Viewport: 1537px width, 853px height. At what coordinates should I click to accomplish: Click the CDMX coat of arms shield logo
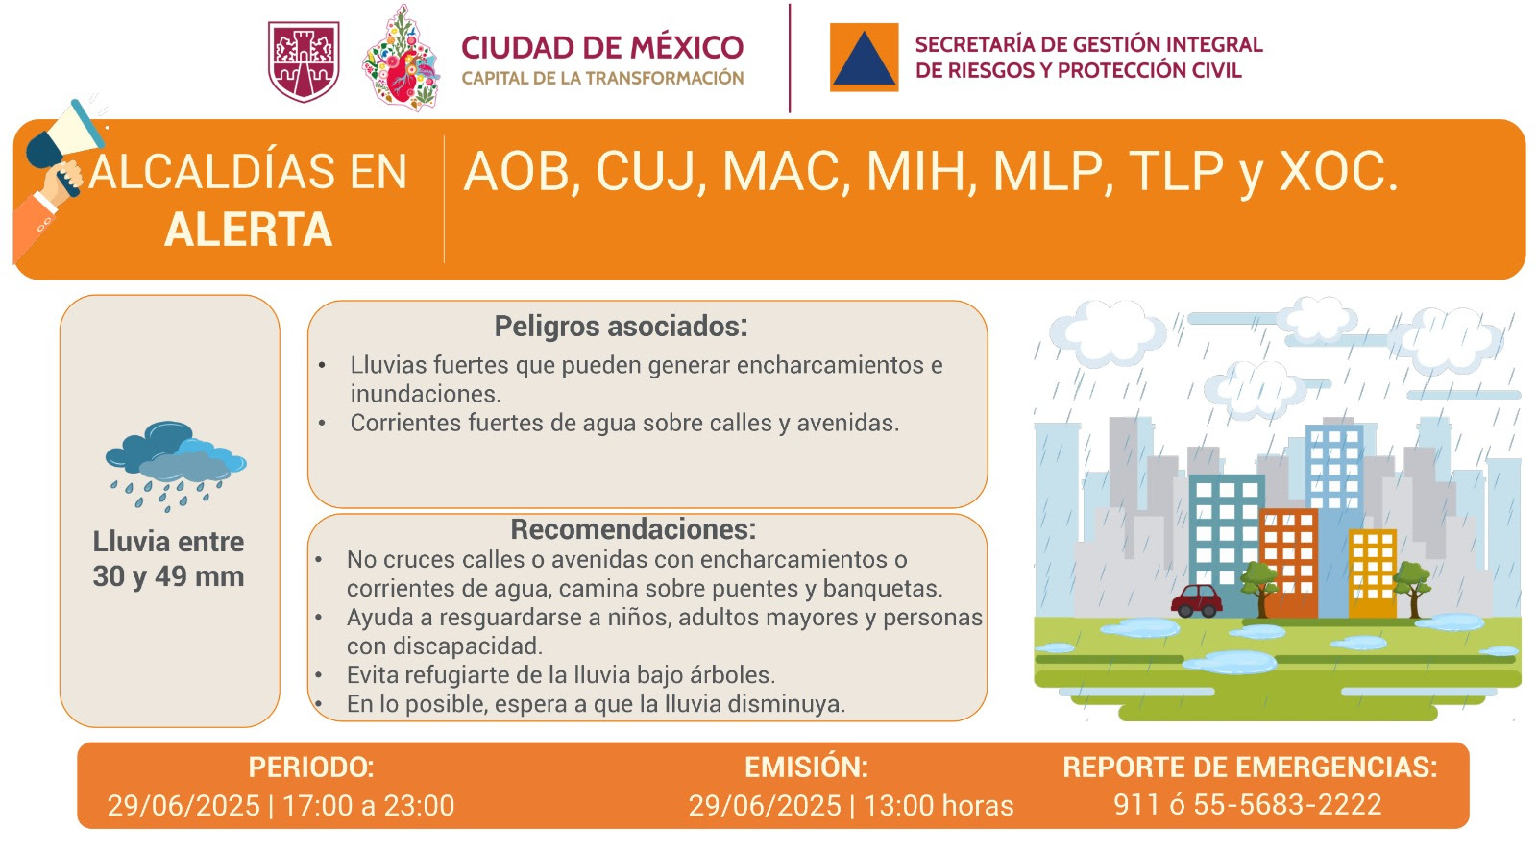[304, 61]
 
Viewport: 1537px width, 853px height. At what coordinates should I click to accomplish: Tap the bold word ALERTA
[249, 230]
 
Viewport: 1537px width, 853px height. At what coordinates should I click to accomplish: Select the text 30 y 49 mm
[169, 576]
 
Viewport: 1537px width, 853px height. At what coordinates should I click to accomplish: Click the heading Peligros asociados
[621, 327]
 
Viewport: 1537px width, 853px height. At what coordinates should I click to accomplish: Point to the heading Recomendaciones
[633, 529]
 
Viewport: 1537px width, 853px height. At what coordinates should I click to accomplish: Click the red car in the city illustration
[1197, 601]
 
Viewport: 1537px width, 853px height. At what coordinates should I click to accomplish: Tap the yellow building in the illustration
[1373, 573]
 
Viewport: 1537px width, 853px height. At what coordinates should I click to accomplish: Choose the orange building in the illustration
[1288, 564]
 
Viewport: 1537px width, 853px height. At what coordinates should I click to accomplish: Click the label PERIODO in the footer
[311, 768]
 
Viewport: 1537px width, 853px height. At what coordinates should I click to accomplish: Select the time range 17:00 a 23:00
[369, 806]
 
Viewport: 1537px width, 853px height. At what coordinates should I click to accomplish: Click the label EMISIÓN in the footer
[806, 768]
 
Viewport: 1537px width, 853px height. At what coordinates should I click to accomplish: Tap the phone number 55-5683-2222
[1287, 804]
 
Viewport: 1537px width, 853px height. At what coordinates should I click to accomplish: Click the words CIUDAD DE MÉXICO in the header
[602, 48]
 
